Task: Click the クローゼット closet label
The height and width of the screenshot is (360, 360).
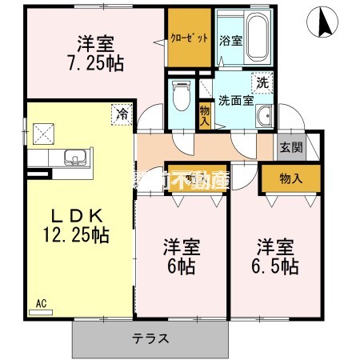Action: click(190, 38)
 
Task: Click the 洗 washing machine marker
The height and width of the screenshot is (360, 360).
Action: click(262, 82)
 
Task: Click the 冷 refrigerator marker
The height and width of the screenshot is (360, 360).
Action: click(122, 114)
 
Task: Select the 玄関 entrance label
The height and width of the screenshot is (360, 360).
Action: click(289, 147)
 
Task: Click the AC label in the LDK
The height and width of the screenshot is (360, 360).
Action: click(42, 303)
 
